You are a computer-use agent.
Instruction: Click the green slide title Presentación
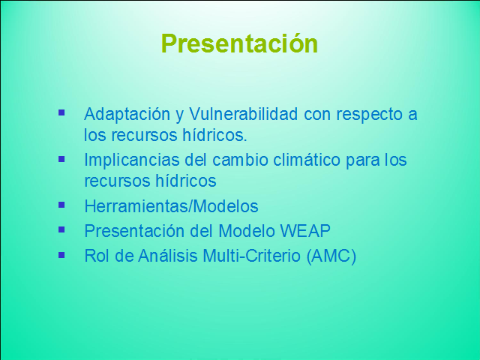click(x=239, y=43)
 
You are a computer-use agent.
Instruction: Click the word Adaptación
click(x=127, y=115)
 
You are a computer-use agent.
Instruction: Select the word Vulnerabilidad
click(x=243, y=114)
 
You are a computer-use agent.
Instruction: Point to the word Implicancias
click(x=132, y=160)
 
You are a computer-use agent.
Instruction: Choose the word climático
click(x=307, y=160)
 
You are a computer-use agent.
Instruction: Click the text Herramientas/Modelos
click(x=171, y=206)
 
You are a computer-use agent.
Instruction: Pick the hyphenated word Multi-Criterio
click(x=252, y=256)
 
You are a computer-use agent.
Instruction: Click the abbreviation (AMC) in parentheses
click(x=331, y=256)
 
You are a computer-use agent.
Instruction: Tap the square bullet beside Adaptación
click(x=61, y=112)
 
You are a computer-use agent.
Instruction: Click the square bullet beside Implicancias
click(x=61, y=159)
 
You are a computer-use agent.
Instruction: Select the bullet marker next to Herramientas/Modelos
click(x=61, y=205)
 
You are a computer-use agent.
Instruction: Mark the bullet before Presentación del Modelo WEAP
click(x=61, y=229)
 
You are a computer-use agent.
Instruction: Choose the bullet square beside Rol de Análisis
click(x=61, y=255)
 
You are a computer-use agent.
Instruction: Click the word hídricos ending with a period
click(x=214, y=135)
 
